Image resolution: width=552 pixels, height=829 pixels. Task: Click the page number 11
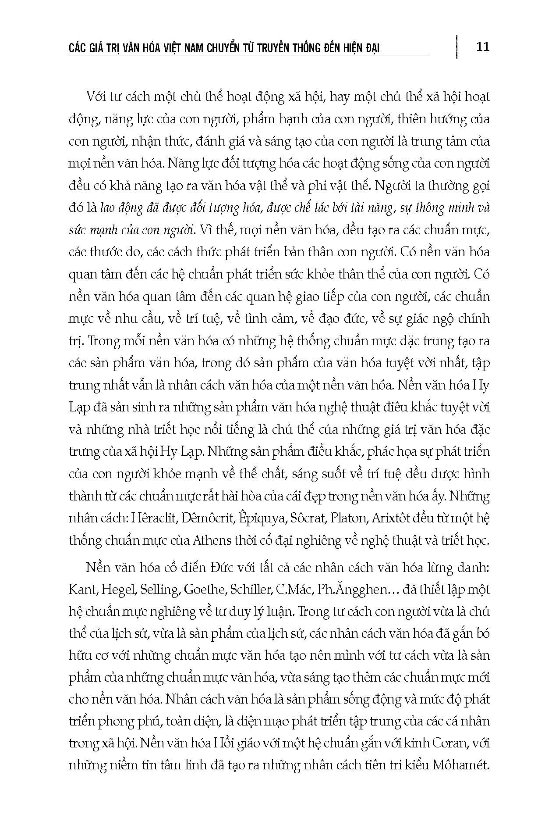(482, 46)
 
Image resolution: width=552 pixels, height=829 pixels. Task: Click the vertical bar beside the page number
(456, 46)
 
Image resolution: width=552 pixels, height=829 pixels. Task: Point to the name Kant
(82, 589)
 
